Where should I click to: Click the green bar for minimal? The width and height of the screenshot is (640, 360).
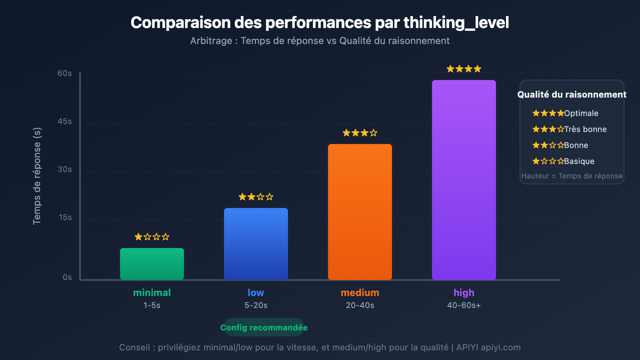tap(152, 264)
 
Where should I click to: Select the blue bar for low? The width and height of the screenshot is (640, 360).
tap(256, 244)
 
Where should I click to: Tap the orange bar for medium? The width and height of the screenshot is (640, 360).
tap(360, 212)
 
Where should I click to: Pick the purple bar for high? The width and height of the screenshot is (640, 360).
tap(464, 180)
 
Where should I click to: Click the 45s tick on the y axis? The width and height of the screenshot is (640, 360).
tap(65, 121)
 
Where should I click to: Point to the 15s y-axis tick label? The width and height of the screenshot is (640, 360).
tap(65, 217)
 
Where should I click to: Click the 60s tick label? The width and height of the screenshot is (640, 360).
tap(65, 73)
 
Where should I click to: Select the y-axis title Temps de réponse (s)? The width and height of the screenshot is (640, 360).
tap(37, 176)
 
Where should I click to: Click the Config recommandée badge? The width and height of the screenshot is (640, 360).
tap(264, 328)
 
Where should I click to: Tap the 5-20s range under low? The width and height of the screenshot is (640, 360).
tap(256, 305)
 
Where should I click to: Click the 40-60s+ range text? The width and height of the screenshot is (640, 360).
tap(464, 305)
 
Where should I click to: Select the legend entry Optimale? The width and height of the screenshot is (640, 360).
tap(581, 113)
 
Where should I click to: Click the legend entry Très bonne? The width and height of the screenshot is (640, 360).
tap(585, 129)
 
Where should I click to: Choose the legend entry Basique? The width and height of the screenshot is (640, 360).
tap(579, 161)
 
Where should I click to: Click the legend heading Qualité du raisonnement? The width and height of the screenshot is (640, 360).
tap(572, 94)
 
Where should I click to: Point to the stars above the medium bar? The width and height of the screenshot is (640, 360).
tap(360, 133)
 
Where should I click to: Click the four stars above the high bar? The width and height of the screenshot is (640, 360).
tap(464, 69)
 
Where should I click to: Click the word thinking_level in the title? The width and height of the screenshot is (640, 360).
tap(456, 23)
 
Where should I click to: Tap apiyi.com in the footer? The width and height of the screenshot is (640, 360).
tap(501, 347)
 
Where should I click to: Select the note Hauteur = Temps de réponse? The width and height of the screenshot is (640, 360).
tap(572, 176)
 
